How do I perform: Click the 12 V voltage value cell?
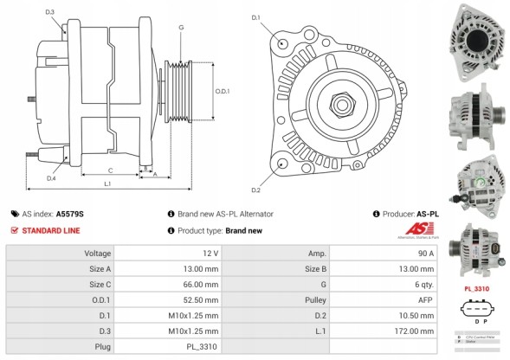tap(211, 253)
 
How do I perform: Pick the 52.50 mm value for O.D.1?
tap(202, 299)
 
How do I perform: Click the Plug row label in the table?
tap(102, 346)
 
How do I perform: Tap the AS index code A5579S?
tap(70, 213)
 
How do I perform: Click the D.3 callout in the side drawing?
tap(50, 12)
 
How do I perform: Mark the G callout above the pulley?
tap(181, 28)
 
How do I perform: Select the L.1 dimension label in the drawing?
tap(108, 183)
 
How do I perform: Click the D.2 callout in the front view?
tap(256, 190)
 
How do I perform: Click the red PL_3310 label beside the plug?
tap(477, 288)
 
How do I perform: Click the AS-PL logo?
tap(423, 229)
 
